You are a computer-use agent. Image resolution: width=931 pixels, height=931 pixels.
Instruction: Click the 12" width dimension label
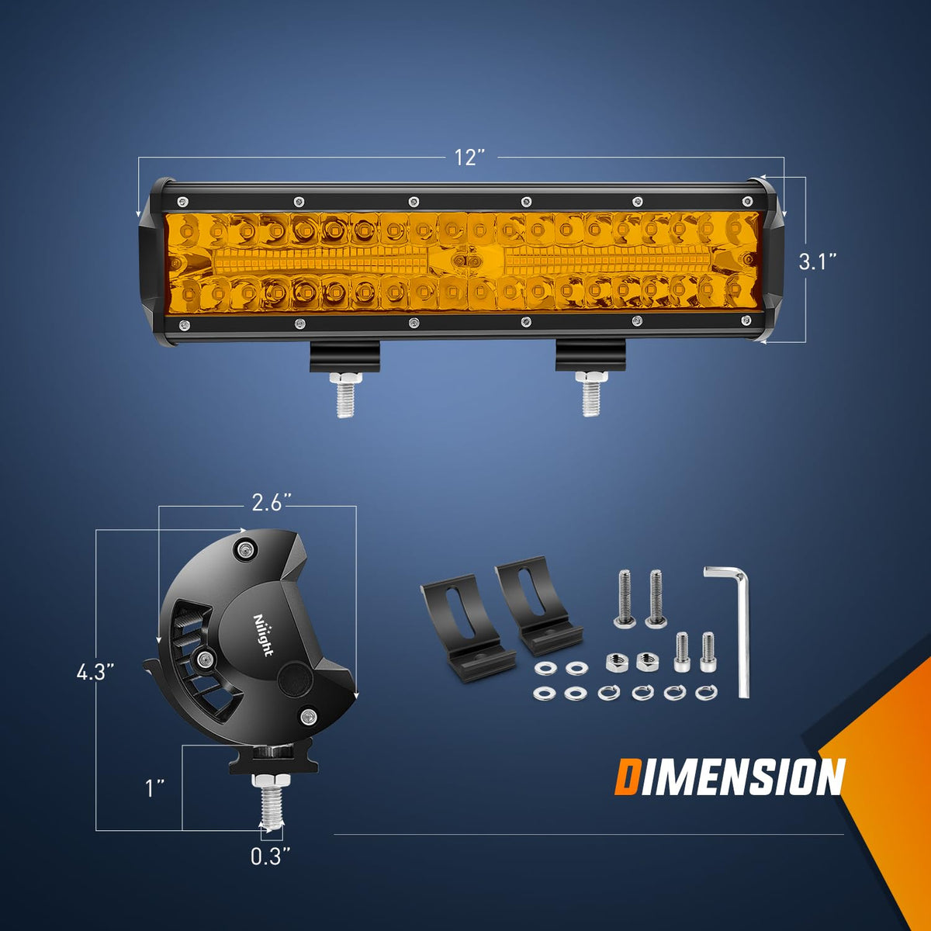[x=469, y=157]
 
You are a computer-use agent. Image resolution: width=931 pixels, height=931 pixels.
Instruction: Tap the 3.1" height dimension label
[x=817, y=262]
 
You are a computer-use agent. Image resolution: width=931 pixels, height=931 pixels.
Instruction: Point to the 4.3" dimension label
[x=95, y=672]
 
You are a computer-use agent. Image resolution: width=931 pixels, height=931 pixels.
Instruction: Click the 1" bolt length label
[x=155, y=788]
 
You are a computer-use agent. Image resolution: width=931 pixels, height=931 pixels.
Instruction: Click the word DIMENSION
[x=730, y=777]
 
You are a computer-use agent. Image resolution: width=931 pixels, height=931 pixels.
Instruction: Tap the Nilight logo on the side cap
[x=263, y=635]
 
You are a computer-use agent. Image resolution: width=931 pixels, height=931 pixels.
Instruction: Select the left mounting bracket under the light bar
[x=345, y=357]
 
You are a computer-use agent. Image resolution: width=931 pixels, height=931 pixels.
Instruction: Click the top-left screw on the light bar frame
[x=182, y=201]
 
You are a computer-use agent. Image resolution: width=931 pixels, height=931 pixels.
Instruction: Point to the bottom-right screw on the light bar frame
[x=746, y=320]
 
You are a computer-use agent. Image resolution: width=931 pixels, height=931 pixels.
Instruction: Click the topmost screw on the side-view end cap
[x=245, y=549]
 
